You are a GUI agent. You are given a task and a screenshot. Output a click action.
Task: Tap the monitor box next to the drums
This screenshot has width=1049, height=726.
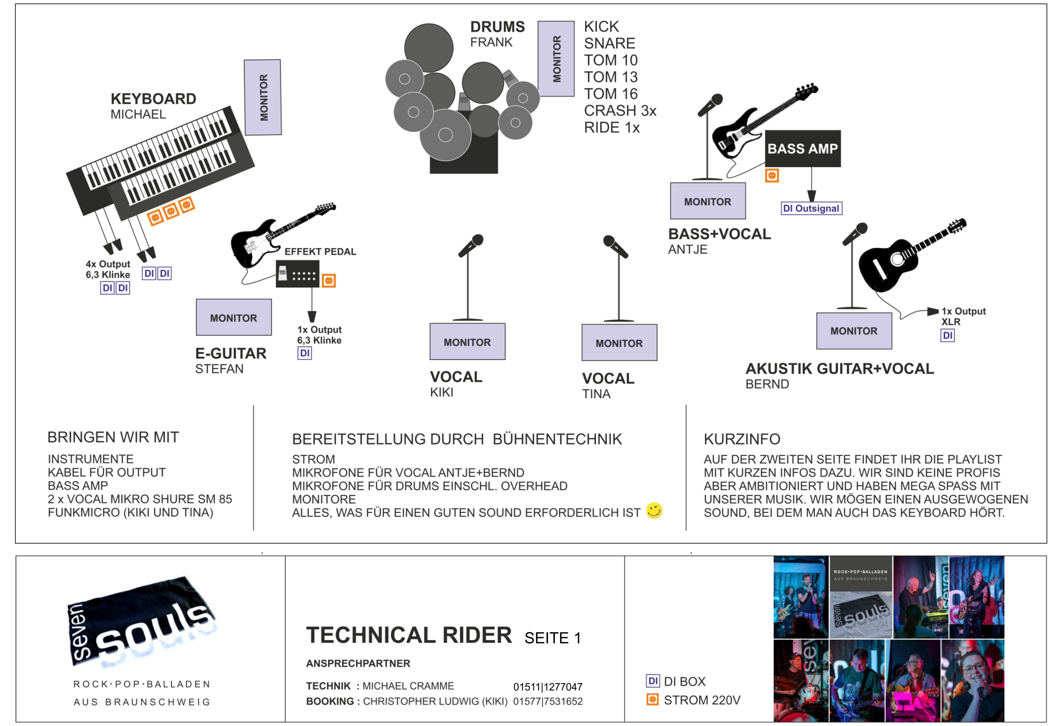click(556, 59)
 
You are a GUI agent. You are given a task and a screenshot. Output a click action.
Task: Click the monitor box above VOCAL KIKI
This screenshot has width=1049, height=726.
click(467, 342)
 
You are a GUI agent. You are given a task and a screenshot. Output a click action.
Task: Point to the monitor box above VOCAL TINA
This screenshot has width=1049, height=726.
click(619, 342)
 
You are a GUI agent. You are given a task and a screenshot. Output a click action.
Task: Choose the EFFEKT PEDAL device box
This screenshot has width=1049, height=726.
click(297, 274)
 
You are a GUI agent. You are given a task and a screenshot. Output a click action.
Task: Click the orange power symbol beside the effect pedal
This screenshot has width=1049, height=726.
click(328, 281)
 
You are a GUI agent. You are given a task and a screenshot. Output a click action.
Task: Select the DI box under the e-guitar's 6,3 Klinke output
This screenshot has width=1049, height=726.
click(305, 353)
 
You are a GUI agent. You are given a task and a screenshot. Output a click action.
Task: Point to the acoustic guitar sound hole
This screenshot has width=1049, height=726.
click(897, 259)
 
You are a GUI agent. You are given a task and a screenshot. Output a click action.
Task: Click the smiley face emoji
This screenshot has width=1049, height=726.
click(654, 511)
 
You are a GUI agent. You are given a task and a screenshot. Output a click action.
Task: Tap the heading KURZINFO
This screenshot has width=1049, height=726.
click(742, 439)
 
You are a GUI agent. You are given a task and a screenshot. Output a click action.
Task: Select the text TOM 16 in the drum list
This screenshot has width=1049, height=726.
click(610, 94)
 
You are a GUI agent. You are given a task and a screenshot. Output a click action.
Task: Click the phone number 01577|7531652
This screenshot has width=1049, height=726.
click(548, 702)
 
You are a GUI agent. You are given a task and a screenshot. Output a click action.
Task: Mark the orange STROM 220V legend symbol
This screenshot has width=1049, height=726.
click(652, 699)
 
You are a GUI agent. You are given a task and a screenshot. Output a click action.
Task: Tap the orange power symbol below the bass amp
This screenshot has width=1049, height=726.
click(772, 176)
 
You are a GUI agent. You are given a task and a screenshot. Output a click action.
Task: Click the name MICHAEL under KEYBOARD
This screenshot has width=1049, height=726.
click(138, 114)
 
